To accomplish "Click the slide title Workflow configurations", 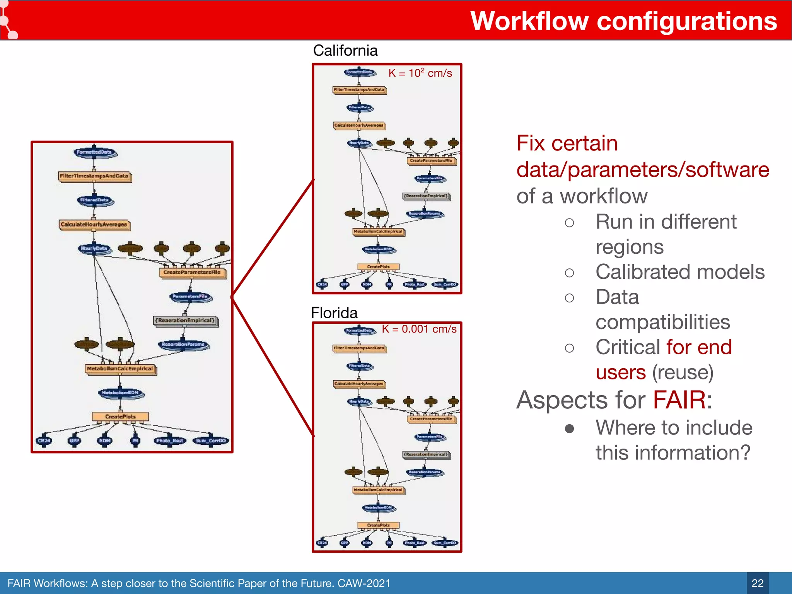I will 623,21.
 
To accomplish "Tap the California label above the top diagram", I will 345,51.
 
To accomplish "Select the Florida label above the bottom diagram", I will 334,313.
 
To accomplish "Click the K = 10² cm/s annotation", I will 420,73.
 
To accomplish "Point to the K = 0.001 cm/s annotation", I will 419,329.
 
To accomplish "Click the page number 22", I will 757,583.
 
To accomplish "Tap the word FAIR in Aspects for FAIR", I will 679,400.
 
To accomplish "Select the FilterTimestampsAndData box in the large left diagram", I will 94,176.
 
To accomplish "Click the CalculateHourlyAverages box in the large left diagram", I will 94,225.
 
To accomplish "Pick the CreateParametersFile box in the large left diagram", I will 192,273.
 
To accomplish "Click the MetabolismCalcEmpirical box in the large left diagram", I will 120,369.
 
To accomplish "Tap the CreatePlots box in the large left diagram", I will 120,417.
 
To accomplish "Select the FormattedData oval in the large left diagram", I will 94,152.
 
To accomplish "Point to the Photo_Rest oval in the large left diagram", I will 170,441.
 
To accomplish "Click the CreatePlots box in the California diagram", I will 378,267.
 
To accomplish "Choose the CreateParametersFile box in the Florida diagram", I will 431,419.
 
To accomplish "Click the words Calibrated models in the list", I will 680,272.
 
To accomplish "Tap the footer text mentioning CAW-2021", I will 199,583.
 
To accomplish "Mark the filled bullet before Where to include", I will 569,428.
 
